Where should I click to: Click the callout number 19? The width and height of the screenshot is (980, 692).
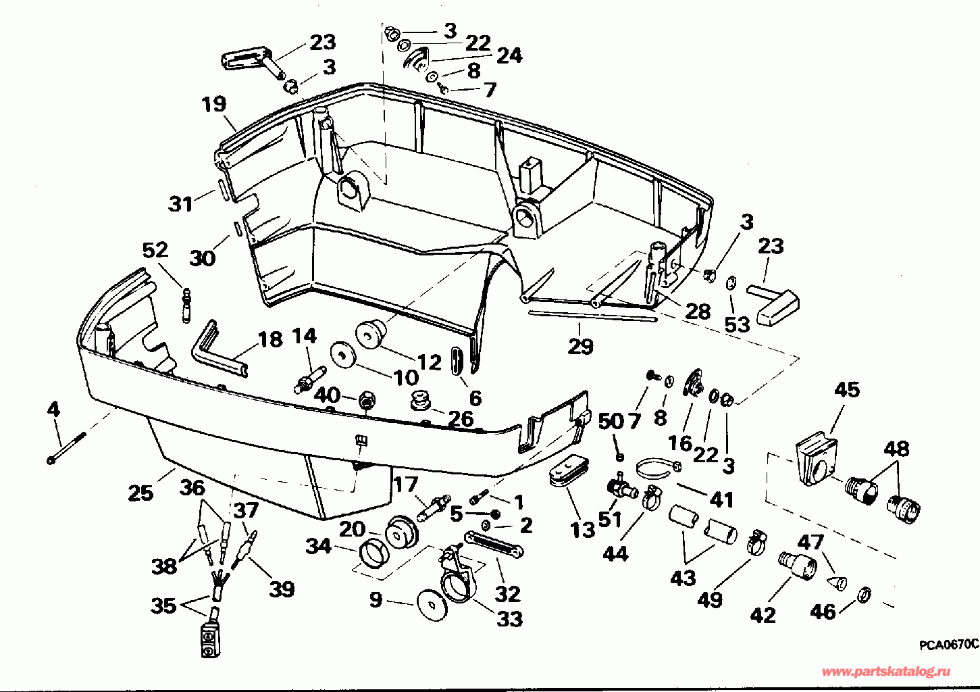click(x=213, y=105)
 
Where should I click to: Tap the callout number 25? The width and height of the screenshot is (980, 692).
click(x=140, y=493)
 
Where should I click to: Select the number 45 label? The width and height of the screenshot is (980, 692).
click(x=847, y=390)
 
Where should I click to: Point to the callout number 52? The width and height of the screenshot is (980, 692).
click(x=155, y=250)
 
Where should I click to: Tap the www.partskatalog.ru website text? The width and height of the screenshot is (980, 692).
click(x=885, y=671)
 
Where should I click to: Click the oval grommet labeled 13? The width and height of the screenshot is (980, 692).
click(x=567, y=470)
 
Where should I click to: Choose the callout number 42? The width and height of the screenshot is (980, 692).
click(x=763, y=615)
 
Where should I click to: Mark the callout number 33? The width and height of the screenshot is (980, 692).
click(x=509, y=618)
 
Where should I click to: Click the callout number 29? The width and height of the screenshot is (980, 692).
click(x=580, y=347)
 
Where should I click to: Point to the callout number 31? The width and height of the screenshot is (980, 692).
click(x=180, y=203)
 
